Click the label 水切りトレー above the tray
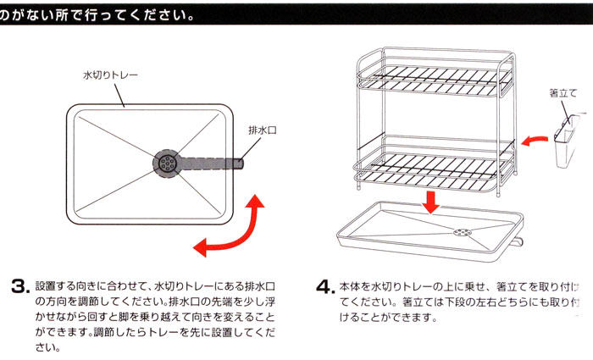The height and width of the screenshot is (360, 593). click(110, 75)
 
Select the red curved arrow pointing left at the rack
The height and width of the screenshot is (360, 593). click(535, 137)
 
